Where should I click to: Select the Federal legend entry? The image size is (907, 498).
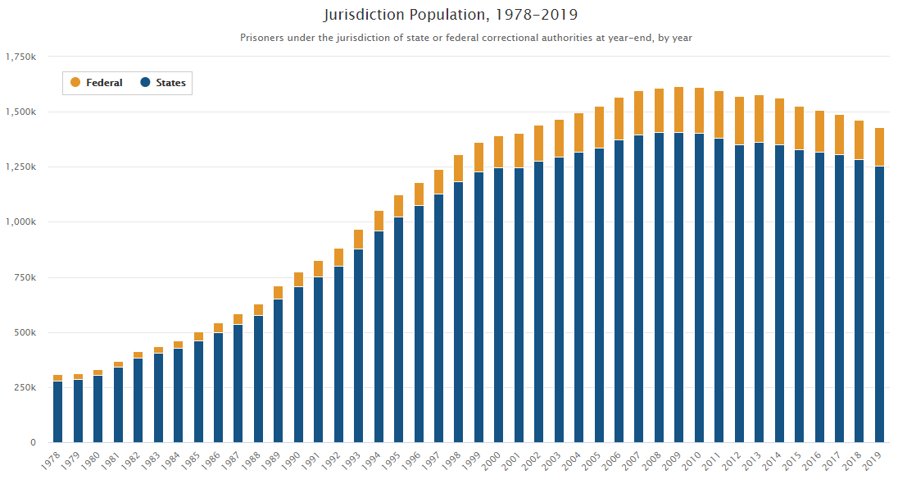[x=97, y=83]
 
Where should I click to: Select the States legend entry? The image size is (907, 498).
[x=163, y=83]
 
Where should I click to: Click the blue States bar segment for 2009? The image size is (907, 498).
[x=678, y=287]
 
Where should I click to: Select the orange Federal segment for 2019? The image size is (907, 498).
[x=879, y=147]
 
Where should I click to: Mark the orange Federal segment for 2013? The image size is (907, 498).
[x=759, y=119]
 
